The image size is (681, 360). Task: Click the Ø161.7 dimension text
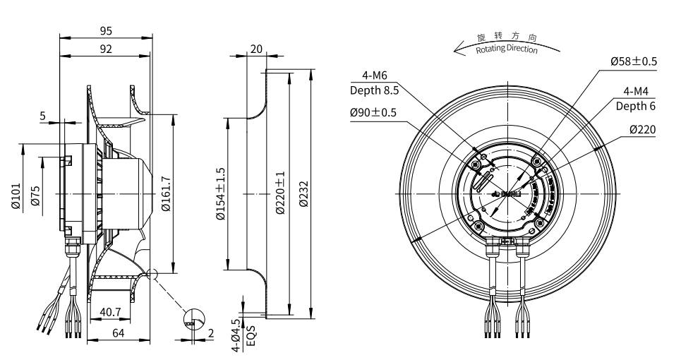165,193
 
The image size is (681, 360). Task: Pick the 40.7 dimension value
110,311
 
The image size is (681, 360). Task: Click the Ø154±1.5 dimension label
220,194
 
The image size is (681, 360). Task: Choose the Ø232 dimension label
303,194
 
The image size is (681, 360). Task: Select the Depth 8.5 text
374,90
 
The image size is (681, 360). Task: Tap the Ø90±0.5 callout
373,112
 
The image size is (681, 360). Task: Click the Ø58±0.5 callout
634,61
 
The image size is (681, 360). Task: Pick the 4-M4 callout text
639,92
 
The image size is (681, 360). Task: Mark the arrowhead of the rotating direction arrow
457,49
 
